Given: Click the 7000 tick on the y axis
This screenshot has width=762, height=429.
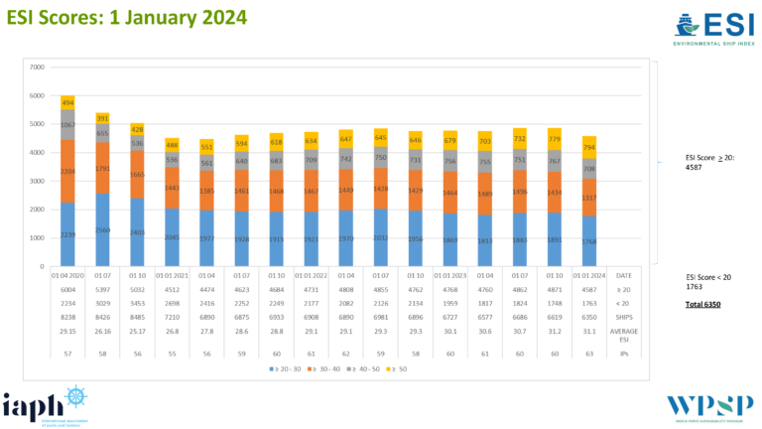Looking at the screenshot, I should click(37, 68).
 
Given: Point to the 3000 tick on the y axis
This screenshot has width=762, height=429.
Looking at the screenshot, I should click(37, 181).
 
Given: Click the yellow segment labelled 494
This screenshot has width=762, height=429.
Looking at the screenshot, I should click(68, 102).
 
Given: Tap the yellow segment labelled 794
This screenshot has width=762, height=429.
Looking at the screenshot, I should click(588, 147).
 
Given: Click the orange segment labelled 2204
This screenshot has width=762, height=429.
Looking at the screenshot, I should click(68, 171).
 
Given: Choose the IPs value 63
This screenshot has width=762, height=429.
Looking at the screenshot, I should click(588, 353).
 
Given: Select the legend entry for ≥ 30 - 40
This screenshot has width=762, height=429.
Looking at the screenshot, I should click(317, 369).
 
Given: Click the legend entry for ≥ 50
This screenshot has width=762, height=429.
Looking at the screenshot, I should click(397, 369).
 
